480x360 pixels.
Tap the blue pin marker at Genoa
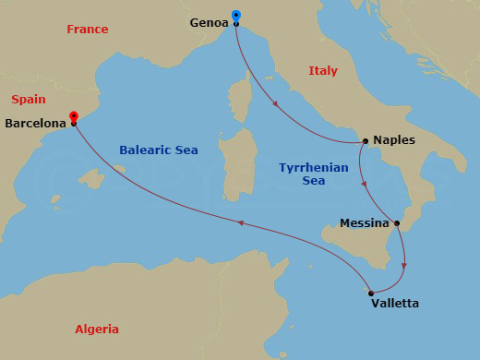click(x=236, y=16)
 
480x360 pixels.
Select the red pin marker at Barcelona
click(x=73, y=117)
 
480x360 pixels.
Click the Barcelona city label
click(x=35, y=123)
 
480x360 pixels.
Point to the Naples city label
click(x=395, y=140)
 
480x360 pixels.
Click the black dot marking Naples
click(x=366, y=142)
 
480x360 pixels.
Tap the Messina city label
click(x=364, y=223)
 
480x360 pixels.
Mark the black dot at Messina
click(x=396, y=222)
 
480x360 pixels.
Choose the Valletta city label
click(x=394, y=303)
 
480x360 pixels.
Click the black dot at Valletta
click(x=370, y=294)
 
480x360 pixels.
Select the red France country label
click(x=88, y=30)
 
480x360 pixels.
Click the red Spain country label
click(x=29, y=99)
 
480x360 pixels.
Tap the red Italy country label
click(x=323, y=71)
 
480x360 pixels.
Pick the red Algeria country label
click(x=97, y=330)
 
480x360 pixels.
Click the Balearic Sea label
click(x=159, y=150)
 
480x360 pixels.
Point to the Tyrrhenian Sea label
click(x=313, y=174)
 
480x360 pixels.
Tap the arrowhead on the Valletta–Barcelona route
click(x=240, y=222)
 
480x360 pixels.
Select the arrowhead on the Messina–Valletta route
click(x=406, y=269)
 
